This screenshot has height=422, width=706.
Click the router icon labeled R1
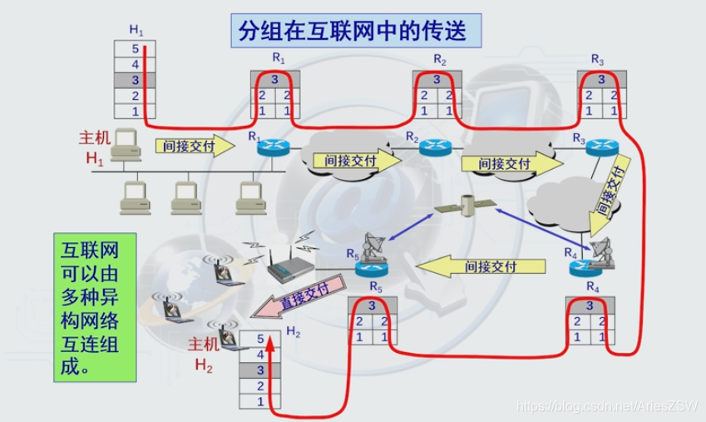[270, 149]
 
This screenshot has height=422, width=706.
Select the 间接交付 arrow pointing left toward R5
[483, 266]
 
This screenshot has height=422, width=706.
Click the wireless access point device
[292, 266]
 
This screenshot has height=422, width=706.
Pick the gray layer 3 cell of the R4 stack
[592, 306]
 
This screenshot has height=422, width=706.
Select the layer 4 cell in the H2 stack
[260, 354]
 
